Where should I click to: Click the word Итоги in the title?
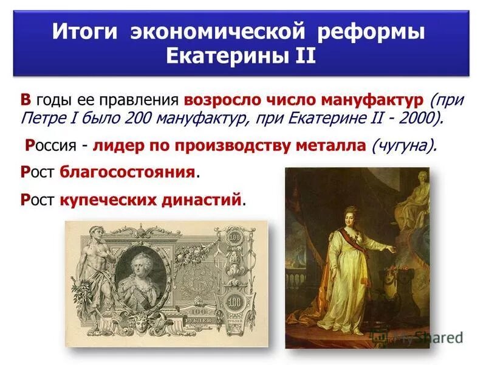coord(86,32)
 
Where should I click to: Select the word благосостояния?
coord(128,172)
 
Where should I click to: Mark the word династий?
coord(203,199)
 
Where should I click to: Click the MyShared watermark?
coord(431,338)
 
